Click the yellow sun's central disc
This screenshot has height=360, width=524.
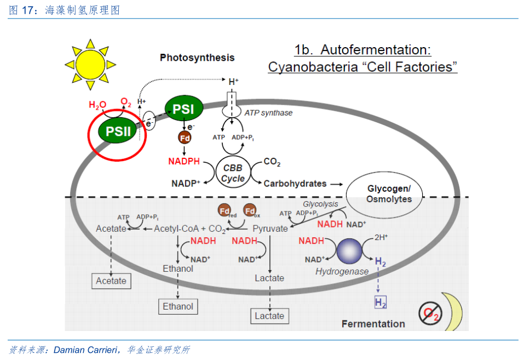point(90,65)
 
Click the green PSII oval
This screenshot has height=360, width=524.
point(118,130)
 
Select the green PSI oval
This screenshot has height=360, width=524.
point(184,108)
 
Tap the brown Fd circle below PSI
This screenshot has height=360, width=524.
point(185,138)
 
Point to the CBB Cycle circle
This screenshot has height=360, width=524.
point(233,172)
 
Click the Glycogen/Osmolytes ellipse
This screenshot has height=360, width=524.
point(384,193)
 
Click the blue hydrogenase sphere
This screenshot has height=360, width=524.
point(349,251)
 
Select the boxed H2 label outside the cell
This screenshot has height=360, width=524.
point(381,302)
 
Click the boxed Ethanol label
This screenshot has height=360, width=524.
point(178,306)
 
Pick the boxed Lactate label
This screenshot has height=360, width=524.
point(269,316)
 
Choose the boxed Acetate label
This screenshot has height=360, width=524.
point(111,281)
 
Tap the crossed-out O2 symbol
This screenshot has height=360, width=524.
point(430,313)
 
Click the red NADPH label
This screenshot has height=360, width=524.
point(184,161)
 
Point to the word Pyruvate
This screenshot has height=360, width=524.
point(270,228)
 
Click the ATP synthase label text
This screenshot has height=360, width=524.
point(268,113)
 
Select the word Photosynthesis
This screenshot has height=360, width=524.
point(197,58)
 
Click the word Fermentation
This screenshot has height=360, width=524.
point(373,324)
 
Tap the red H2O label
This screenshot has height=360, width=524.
point(97,105)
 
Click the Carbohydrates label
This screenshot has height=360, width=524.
point(295,184)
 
